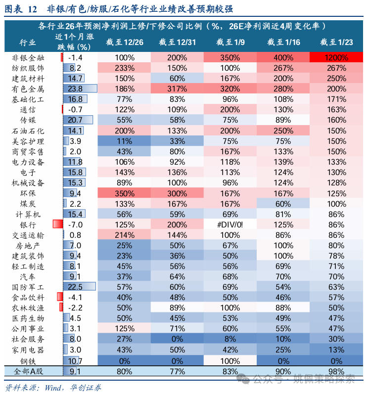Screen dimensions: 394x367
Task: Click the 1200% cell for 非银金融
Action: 337,57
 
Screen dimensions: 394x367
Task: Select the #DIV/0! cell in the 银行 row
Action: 229,225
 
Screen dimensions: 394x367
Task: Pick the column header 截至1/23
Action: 337,43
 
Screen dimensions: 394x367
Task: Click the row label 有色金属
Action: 28,89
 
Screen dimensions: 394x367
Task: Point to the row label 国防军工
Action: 28,287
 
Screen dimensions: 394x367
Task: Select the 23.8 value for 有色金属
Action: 75,89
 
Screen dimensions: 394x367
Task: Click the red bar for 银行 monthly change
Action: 56,225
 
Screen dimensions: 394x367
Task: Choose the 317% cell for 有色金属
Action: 177,89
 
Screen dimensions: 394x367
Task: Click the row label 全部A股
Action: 28,371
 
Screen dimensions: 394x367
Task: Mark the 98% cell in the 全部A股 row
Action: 337,371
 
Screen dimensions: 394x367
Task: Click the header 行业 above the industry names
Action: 28,43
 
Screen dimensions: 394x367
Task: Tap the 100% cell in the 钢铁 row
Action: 229,361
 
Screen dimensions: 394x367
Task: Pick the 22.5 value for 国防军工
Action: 75,287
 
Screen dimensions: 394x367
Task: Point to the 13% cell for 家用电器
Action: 337,350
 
